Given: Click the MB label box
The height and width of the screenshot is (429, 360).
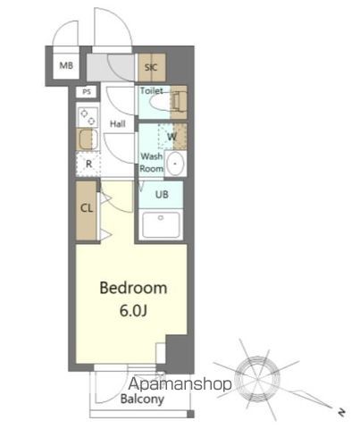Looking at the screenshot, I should pos(65,65).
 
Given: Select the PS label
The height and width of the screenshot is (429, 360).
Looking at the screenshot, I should pos(87,92).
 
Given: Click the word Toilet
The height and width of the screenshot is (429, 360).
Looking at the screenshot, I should pos(151,90).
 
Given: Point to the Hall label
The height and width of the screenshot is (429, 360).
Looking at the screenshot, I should pos(117,122).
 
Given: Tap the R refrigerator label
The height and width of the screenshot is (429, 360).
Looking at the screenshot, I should pos(88,164).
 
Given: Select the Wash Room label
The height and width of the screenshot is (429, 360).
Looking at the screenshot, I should pos(151,162).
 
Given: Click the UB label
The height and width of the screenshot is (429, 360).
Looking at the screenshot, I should pos(162,195).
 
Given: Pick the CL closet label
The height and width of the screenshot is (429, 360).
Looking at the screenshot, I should pos(87,208).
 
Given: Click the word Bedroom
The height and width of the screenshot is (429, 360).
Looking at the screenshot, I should pos(133,289).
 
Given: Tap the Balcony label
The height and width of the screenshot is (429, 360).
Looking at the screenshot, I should pos(142,400).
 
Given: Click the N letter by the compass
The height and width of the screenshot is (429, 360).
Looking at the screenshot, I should pos(340,412).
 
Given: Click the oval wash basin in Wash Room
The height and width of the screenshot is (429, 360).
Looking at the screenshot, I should pos(175,164).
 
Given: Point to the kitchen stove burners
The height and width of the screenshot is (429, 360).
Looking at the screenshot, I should pos(88,116).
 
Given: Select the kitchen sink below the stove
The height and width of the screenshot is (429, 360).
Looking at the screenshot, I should pos(88,139).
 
